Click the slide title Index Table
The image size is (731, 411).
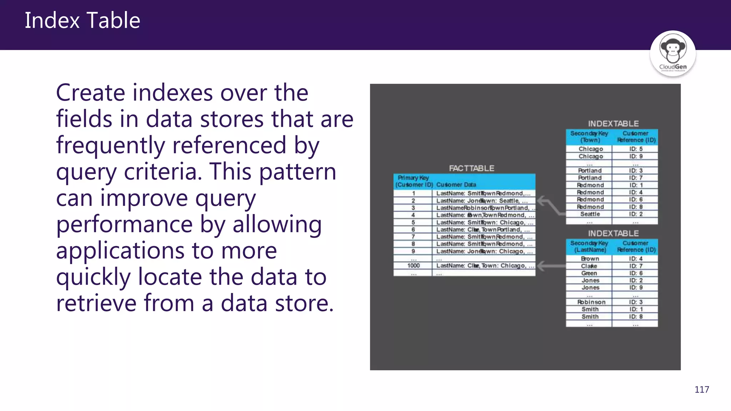point(82,20)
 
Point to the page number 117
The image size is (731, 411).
point(701,390)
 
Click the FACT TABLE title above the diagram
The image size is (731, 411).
point(472,168)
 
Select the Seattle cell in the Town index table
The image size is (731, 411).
point(590,214)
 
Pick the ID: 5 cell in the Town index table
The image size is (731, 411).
point(636,149)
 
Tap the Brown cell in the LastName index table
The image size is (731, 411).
point(590,259)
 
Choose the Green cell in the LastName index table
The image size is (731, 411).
point(589,273)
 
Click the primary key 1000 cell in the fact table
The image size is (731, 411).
point(413,266)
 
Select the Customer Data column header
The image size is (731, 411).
point(456,185)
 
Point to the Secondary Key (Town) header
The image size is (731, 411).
point(589,137)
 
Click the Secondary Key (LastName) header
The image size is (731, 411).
point(589,247)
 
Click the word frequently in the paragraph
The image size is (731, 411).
point(109,146)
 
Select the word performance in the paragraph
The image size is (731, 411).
point(125,225)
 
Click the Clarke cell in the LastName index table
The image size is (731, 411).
point(589,266)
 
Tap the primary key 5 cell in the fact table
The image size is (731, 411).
point(413,222)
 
